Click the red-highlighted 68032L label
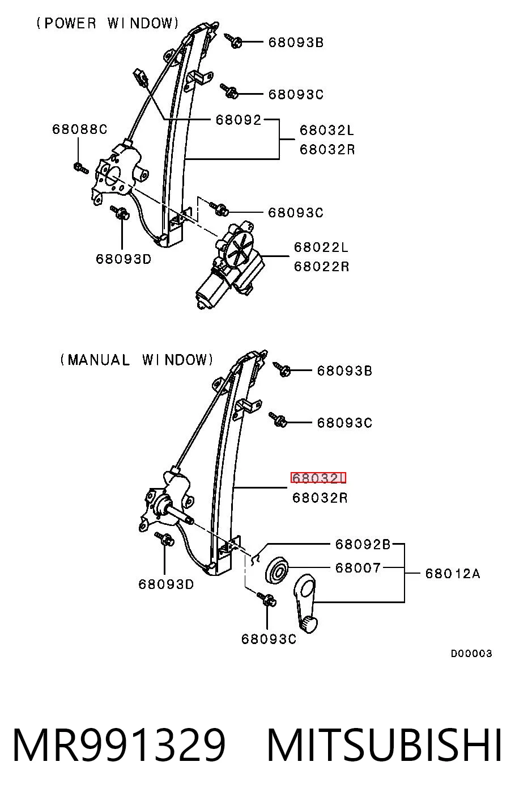click(318, 478)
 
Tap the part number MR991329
click(119, 745)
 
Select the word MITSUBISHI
click(385, 745)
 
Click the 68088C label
click(79, 129)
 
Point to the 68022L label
click(321, 247)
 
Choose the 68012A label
click(453, 573)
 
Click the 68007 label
click(357, 568)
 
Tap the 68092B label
click(363, 544)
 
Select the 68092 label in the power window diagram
click(239, 119)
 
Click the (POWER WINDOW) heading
click(108, 23)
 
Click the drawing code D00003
click(471, 653)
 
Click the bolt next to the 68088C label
click(80, 168)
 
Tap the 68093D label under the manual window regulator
click(166, 584)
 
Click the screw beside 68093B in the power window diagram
click(233, 40)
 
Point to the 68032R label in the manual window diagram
click(320, 498)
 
